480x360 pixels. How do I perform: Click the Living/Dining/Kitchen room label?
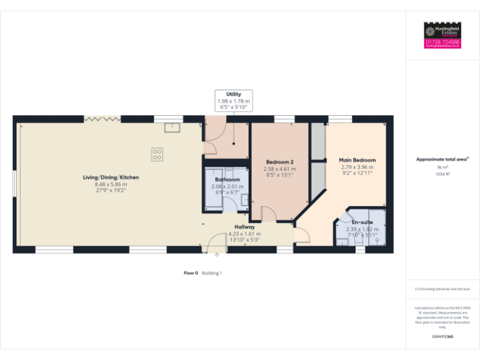(111, 177)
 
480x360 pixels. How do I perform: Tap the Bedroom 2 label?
(279, 161)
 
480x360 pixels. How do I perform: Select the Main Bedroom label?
(357, 160)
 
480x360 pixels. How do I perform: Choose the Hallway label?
(244, 227)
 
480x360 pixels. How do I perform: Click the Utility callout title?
(233, 94)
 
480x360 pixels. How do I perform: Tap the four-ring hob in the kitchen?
(157, 153)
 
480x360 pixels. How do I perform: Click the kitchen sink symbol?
(172, 127)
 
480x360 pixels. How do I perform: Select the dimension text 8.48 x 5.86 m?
(111, 184)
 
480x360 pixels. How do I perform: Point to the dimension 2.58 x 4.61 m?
(279, 169)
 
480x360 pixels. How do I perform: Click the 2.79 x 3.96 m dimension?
(357, 167)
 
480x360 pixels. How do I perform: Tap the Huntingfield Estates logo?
(442, 31)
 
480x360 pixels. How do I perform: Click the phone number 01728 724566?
(442, 42)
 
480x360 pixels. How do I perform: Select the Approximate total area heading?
(442, 159)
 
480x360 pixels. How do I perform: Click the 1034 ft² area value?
(442, 174)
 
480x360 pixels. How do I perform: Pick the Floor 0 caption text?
(191, 273)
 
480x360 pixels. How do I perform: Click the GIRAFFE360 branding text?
(442, 337)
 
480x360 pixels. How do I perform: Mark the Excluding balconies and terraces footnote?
(442, 289)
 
